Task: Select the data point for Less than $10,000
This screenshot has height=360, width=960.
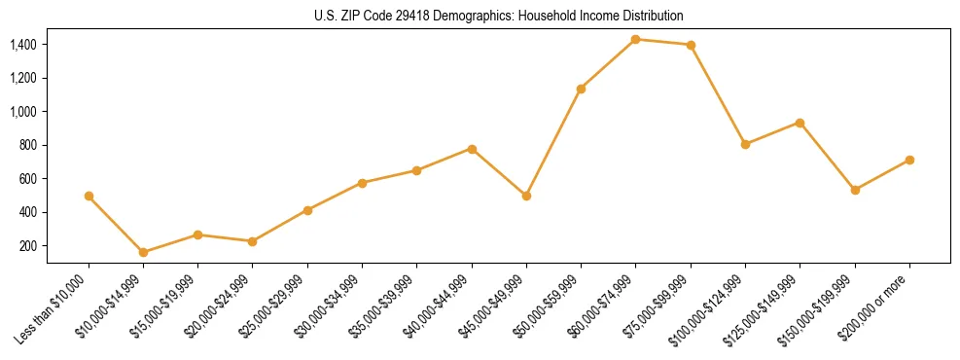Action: (x=89, y=196)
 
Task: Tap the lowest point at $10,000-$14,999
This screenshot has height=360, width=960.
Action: (x=143, y=252)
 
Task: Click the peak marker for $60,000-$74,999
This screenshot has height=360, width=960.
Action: (x=635, y=39)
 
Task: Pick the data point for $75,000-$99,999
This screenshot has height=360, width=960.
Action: (x=691, y=45)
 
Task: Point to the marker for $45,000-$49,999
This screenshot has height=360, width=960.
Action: (x=526, y=196)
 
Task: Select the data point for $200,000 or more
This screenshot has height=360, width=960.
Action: (x=909, y=160)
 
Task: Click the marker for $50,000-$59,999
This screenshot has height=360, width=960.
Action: (x=581, y=89)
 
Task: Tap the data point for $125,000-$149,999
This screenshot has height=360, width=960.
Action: (x=800, y=123)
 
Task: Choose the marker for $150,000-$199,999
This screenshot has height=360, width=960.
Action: (x=855, y=190)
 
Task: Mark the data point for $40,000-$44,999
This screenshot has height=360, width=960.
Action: (x=472, y=149)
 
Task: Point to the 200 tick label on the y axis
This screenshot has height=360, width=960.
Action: (x=27, y=246)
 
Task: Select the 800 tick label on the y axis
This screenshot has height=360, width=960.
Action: (x=27, y=145)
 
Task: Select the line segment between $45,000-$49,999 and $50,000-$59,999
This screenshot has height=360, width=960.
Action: (x=553, y=142)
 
